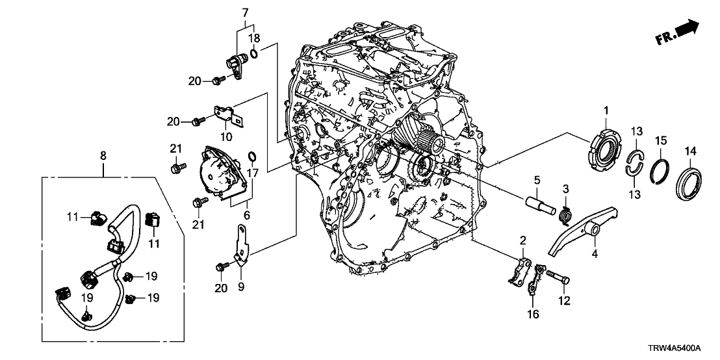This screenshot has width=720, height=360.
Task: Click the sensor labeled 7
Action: [x=235, y=64]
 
